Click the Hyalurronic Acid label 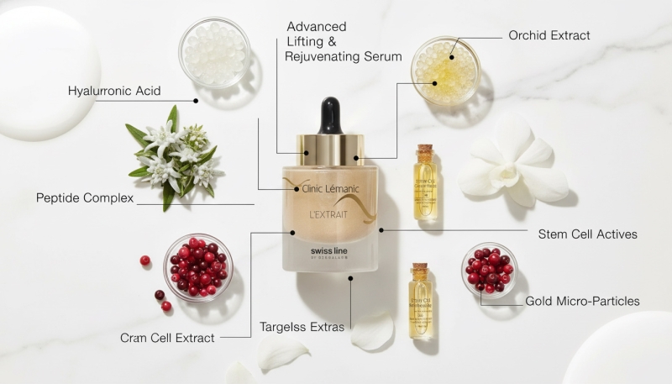click(x=114, y=91)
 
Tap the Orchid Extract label click(x=549, y=35)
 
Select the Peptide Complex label click(x=86, y=198)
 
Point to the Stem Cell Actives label click(x=587, y=234)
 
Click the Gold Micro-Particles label click(x=582, y=300)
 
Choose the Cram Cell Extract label click(x=167, y=338)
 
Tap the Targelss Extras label click(x=302, y=326)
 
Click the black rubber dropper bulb click(x=330, y=115)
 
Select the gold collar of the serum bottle click(x=330, y=149)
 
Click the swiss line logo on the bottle click(x=330, y=252)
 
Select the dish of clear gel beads click(x=214, y=53)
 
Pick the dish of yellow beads click(x=445, y=71)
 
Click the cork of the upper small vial click(x=425, y=153)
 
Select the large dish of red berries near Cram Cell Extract click(x=197, y=266)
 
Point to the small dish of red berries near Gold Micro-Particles click(x=489, y=270)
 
